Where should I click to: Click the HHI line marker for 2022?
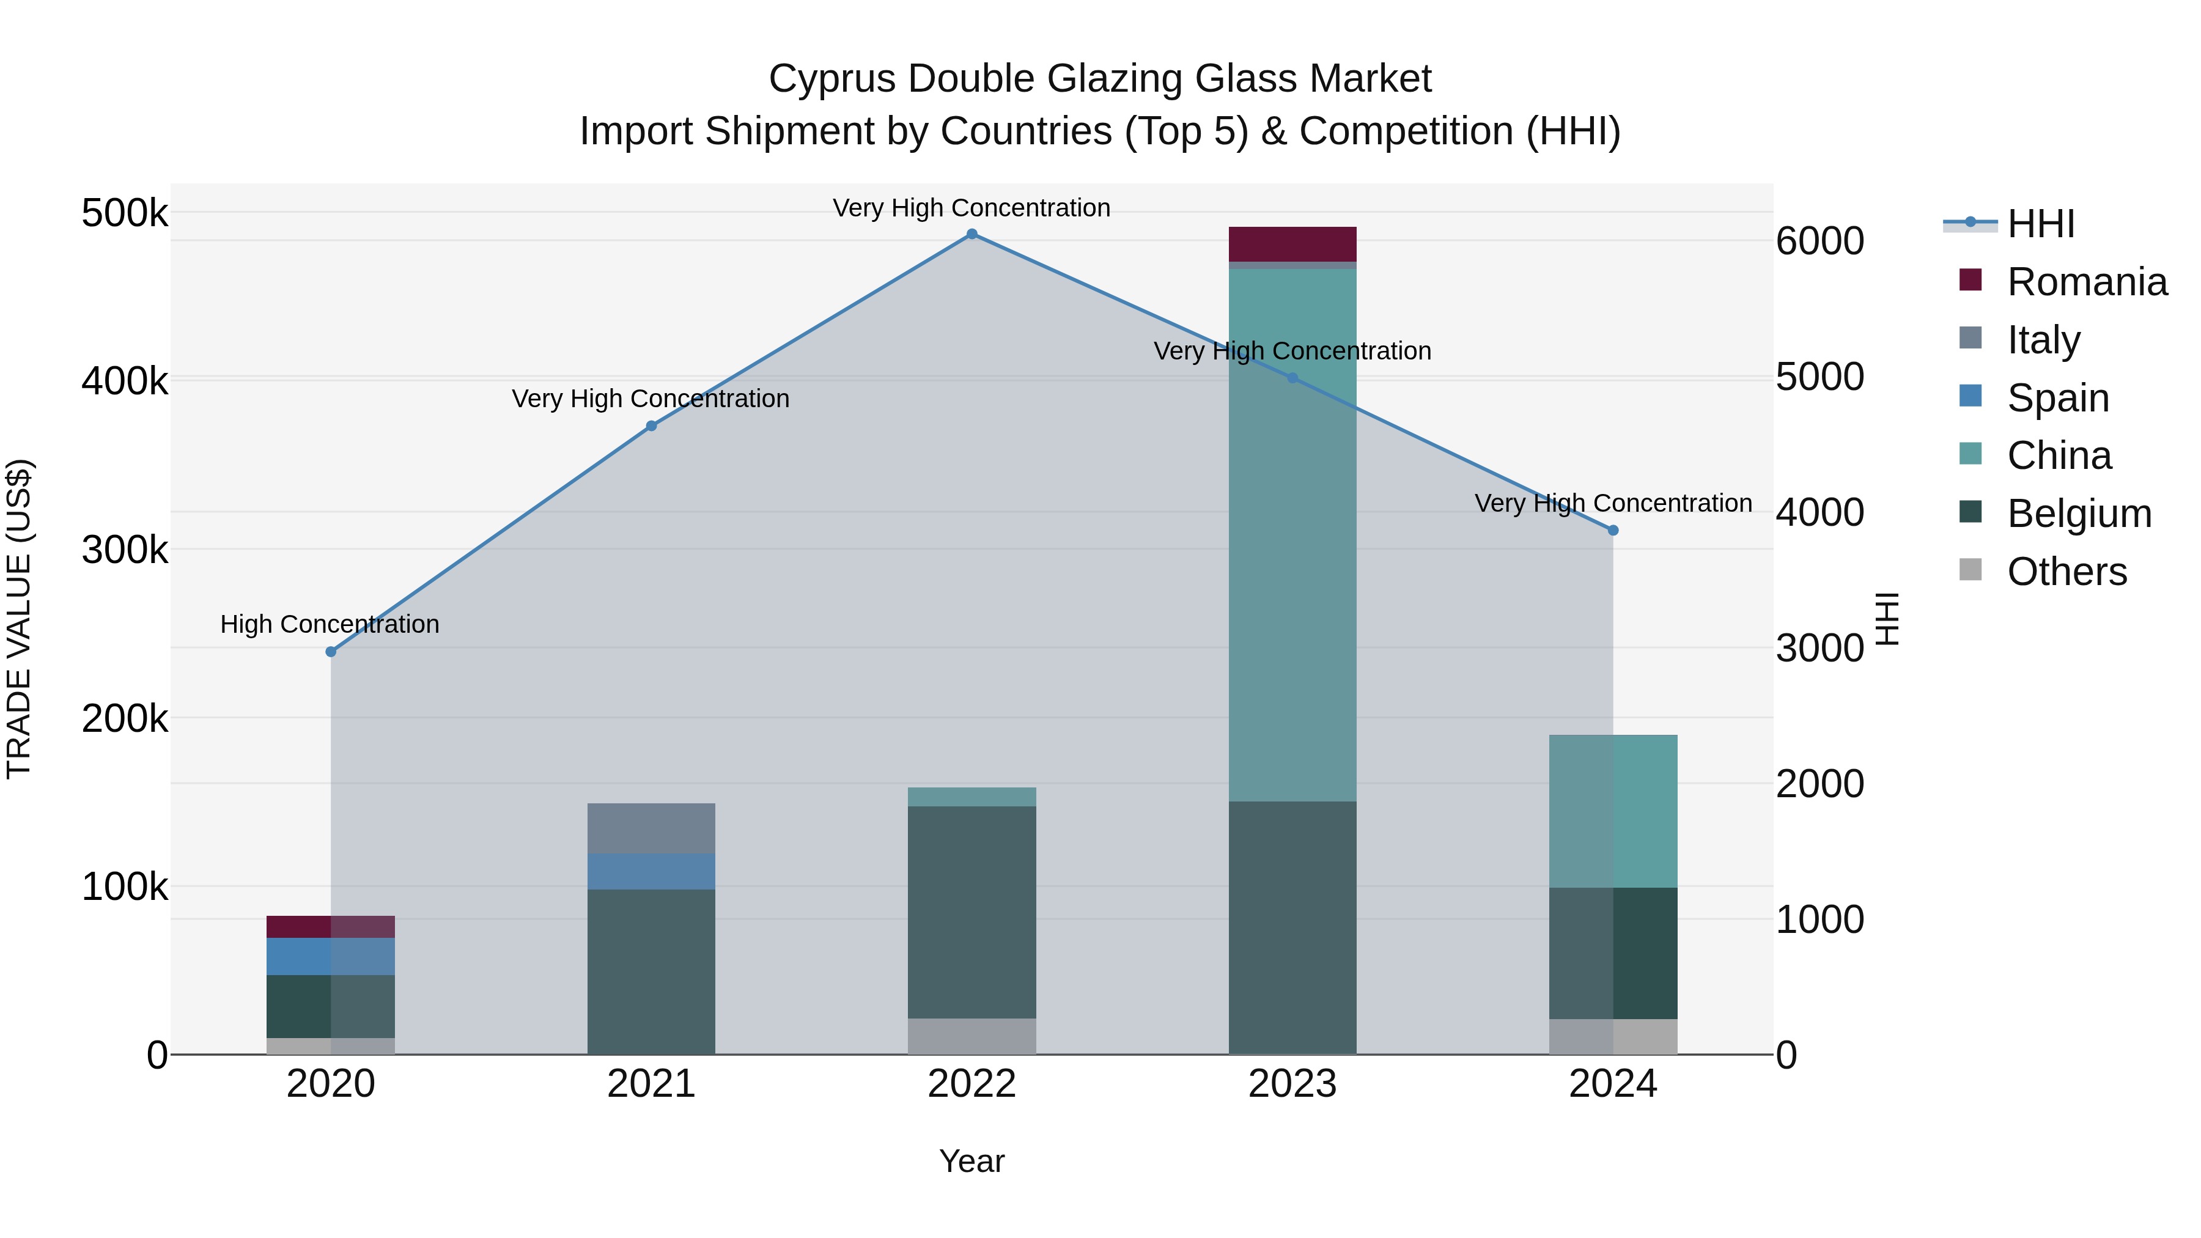point(971,234)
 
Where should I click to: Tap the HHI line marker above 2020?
point(331,652)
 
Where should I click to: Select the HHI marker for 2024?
point(1613,531)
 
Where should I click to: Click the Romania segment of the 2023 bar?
point(1292,245)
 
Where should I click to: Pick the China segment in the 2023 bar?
point(1292,534)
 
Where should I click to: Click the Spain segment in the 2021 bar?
point(651,871)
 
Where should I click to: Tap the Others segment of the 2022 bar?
point(971,1036)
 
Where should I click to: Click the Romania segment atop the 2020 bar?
point(331,927)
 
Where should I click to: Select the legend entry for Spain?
point(2057,398)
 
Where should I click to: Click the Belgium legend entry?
point(2078,514)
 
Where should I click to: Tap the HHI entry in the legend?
point(2040,224)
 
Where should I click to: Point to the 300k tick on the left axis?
point(125,550)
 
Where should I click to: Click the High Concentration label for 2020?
point(330,625)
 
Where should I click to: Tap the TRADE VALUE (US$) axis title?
point(19,619)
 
